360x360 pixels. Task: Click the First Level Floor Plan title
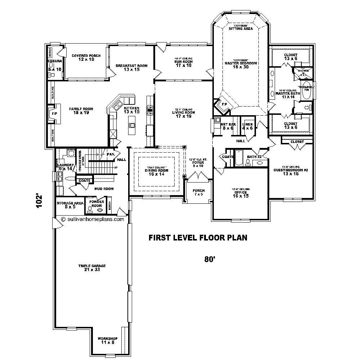[x=198, y=238]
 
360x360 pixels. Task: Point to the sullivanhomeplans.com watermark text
[x=93, y=219]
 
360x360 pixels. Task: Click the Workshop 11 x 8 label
[x=108, y=341]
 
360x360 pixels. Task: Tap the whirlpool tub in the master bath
[x=306, y=93]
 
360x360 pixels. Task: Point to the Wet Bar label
[x=228, y=126]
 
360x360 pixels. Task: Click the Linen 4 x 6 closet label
[x=248, y=126]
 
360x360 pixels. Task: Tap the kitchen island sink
[x=132, y=126]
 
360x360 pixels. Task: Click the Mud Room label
[x=104, y=189]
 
